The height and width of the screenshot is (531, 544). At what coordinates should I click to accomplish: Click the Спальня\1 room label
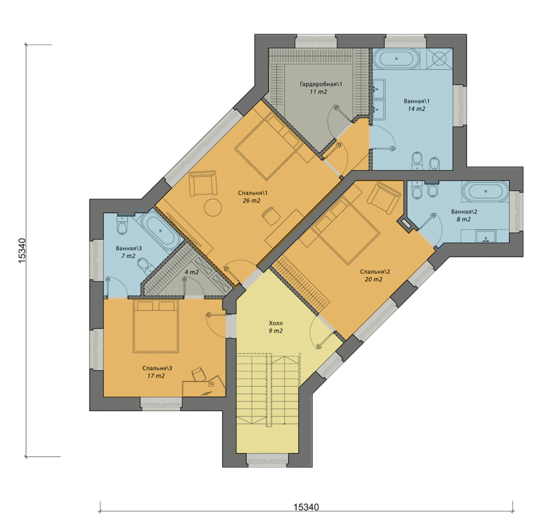pyautogui.click(x=252, y=193)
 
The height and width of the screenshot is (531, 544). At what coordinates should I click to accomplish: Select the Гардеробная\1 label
pyautogui.click(x=321, y=84)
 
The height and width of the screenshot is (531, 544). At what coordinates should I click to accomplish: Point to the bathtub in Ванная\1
pyautogui.click(x=397, y=59)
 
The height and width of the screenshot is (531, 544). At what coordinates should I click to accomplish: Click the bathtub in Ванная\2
pyautogui.click(x=486, y=191)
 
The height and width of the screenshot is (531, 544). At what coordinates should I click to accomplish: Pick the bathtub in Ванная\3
pyautogui.click(x=161, y=230)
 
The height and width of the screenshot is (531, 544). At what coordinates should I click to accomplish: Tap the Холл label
pyautogui.click(x=276, y=323)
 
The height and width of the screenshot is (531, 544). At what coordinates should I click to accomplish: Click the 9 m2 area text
pyautogui.click(x=275, y=331)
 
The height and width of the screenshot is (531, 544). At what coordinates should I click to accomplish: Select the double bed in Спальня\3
pyautogui.click(x=156, y=326)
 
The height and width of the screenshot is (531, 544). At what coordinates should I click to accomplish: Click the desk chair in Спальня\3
pyautogui.click(x=198, y=374)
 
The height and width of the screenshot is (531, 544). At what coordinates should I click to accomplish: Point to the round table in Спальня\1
pyautogui.click(x=213, y=208)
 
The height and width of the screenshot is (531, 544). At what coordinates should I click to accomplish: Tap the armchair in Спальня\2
pyautogui.click(x=384, y=198)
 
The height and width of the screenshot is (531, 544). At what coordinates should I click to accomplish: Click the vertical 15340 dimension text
pyautogui.click(x=22, y=251)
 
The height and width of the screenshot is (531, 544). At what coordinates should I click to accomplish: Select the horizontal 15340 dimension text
pyautogui.click(x=306, y=507)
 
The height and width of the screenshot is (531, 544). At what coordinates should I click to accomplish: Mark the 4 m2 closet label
pyautogui.click(x=191, y=272)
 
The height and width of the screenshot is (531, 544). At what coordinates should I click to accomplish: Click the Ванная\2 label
pyautogui.click(x=464, y=212)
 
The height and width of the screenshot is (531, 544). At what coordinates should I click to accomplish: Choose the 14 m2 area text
pyautogui.click(x=416, y=109)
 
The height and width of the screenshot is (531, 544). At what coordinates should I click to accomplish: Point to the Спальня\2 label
pyautogui.click(x=375, y=272)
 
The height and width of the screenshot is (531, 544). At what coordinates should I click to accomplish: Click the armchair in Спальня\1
pyautogui.click(x=203, y=183)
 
